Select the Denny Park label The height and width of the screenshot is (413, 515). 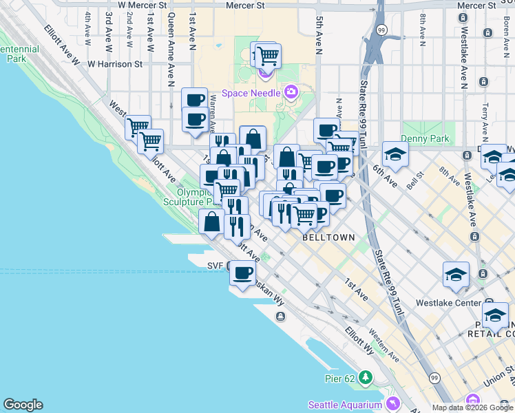coord(426,139)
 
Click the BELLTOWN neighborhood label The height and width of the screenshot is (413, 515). coord(328,237)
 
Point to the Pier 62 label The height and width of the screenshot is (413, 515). coord(341,378)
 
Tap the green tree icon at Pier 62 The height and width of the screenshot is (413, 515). coord(365,378)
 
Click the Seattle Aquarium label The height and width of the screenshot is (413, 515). coord(345,405)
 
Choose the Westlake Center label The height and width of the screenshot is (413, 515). coord(448,302)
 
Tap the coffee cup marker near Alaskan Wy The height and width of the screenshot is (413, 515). coord(242,273)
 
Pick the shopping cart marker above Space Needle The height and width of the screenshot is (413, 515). coord(267,55)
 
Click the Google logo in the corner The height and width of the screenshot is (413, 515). coord(23,405)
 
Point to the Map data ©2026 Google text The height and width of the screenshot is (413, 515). coord(472,407)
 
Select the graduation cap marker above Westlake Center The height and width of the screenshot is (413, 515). coord(456,274)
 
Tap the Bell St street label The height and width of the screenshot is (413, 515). coord(414,181)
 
